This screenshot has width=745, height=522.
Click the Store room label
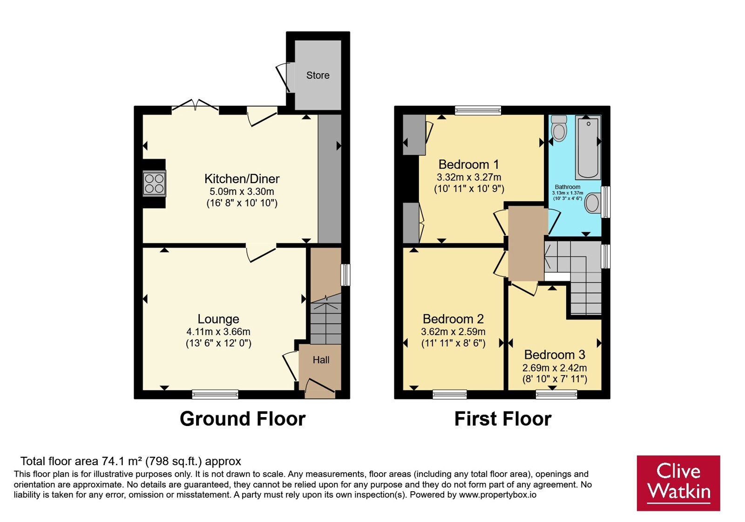[318, 76]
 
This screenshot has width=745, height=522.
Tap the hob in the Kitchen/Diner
[154, 184]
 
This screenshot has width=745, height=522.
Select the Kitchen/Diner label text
[242, 179]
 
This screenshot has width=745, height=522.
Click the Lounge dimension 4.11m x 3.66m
[218, 331]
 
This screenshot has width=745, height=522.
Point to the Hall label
[321, 360]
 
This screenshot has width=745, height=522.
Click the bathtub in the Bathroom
[588, 147]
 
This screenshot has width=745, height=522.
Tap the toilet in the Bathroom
[559, 129]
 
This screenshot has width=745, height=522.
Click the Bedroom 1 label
[468, 165]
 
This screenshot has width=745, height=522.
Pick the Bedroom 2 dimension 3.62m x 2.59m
[453, 331]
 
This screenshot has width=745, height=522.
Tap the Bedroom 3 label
[555, 355]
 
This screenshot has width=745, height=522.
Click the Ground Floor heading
[243, 419]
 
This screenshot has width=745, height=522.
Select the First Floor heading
[503, 419]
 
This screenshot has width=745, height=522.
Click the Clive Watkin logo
[678, 483]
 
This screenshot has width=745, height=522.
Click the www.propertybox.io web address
[498, 495]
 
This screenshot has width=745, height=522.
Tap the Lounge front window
[215, 394]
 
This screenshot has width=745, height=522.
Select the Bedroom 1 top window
[478, 110]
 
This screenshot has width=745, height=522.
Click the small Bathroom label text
[568, 187]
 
